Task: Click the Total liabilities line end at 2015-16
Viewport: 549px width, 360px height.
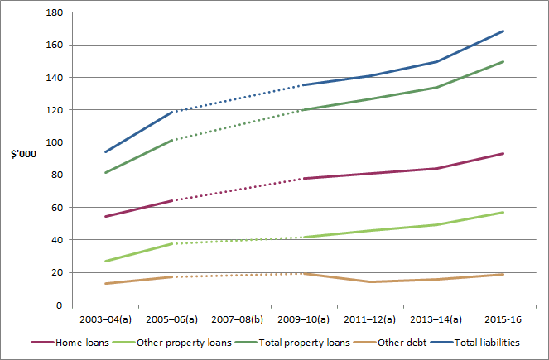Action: [x=503, y=31]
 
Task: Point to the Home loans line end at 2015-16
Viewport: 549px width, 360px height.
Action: [x=503, y=153]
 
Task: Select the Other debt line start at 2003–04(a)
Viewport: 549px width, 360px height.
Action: [x=106, y=284]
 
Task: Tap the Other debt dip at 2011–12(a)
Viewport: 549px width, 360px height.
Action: [x=371, y=282]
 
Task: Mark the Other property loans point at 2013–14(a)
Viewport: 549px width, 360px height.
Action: [x=437, y=224]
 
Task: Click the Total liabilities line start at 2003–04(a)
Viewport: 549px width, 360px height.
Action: [x=106, y=152]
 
